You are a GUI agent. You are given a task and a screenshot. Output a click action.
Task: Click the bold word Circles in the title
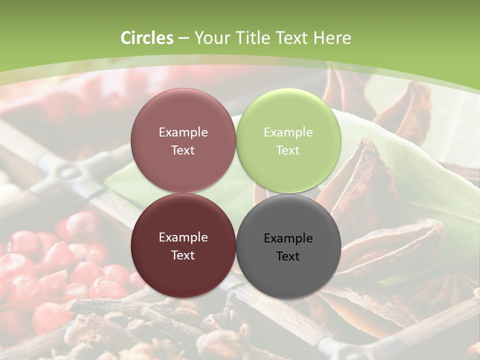(146, 38)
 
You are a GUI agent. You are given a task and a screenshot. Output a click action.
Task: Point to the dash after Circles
(183, 38)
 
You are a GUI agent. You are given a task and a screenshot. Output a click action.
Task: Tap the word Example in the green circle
(288, 132)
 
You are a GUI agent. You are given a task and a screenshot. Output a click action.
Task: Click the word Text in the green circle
(288, 150)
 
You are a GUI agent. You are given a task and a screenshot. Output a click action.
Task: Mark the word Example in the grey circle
(288, 238)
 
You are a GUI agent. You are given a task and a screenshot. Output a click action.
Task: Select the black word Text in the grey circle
(288, 256)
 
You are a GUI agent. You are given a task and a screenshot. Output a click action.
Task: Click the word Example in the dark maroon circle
(183, 237)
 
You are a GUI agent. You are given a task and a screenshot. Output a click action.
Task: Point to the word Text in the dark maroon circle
(183, 255)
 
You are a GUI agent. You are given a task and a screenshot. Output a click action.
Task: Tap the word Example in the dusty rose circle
(183, 132)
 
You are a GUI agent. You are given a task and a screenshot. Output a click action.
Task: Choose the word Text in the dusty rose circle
(183, 150)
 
